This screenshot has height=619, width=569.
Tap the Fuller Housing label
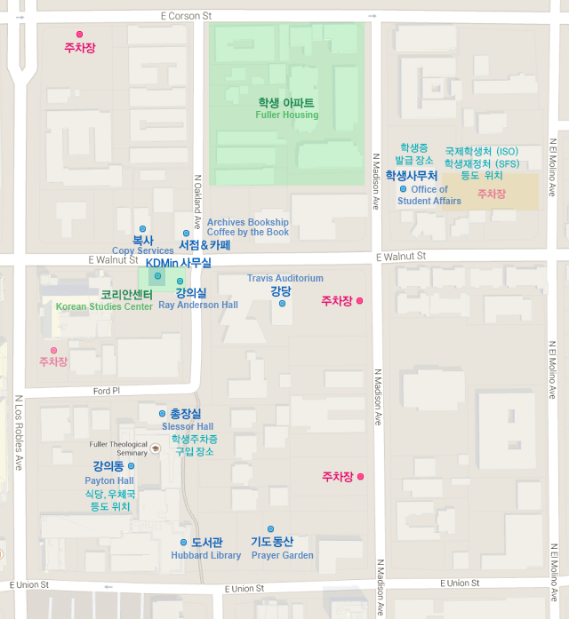pyautogui.click(x=286, y=115)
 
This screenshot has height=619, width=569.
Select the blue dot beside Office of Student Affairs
pyautogui.click(x=403, y=189)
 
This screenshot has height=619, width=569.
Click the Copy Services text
pyautogui.click(x=142, y=251)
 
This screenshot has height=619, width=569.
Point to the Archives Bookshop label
pyautogui.click(x=247, y=222)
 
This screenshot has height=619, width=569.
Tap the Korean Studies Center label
pyautogui.click(x=104, y=306)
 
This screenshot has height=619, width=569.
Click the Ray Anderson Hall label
pyautogui.click(x=197, y=305)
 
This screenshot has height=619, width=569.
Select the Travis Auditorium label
pyautogui.click(x=284, y=278)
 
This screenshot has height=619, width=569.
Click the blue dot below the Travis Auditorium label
pyautogui.click(x=282, y=304)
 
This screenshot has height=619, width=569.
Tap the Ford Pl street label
pyautogui.click(x=106, y=391)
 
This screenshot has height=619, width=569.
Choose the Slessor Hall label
pyautogui.click(x=187, y=426)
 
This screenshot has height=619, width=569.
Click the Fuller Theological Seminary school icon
pyautogui.click(x=155, y=448)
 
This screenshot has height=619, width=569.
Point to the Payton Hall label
pyautogui.click(x=109, y=480)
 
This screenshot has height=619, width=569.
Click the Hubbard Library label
pyautogui.click(x=205, y=555)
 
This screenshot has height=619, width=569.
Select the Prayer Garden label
pyautogui.click(x=282, y=555)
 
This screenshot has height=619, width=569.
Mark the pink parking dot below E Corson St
pyautogui.click(x=79, y=34)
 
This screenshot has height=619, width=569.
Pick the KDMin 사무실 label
pyautogui.click(x=178, y=263)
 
